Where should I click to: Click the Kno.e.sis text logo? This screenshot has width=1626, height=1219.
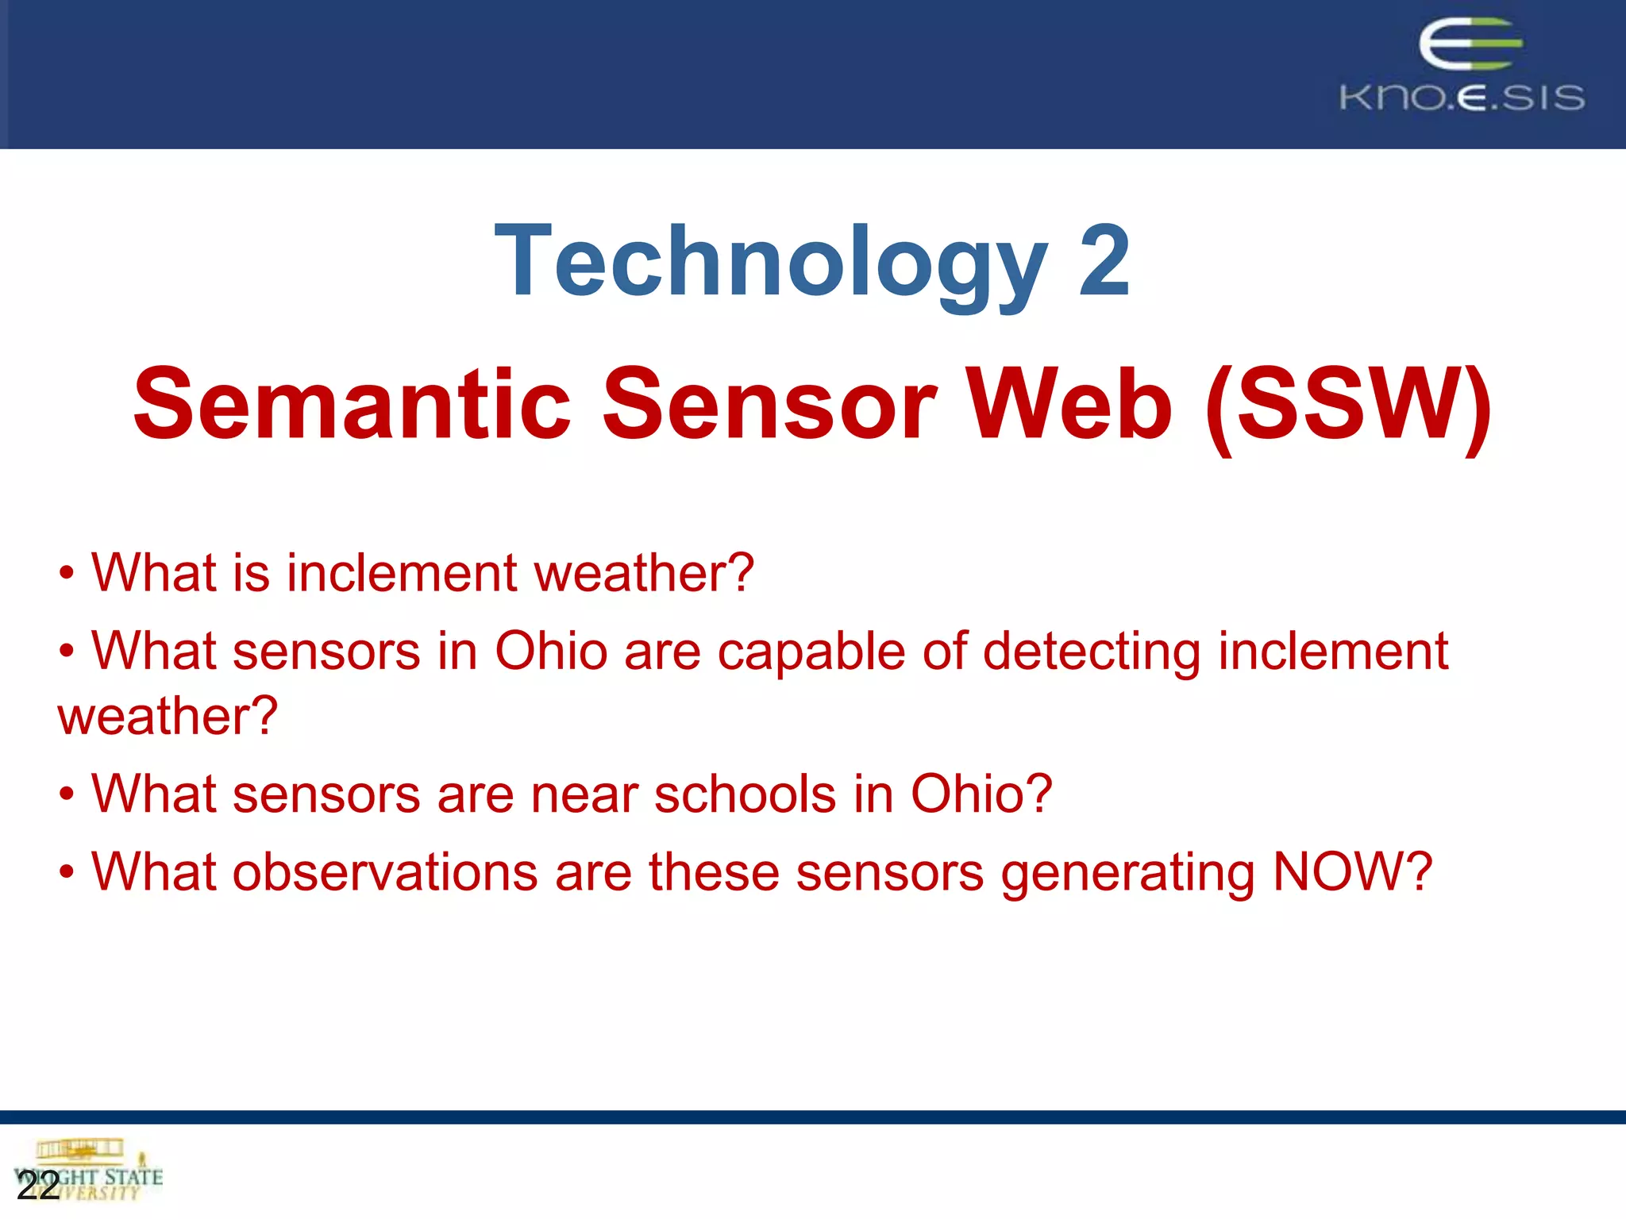(1462, 98)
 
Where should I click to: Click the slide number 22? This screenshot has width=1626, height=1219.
(37, 1186)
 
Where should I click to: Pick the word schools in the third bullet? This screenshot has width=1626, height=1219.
(745, 794)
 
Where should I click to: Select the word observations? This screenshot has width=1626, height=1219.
(385, 871)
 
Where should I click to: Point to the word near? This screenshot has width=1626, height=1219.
(584, 794)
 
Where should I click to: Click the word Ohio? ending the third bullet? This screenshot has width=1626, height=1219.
(981, 794)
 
